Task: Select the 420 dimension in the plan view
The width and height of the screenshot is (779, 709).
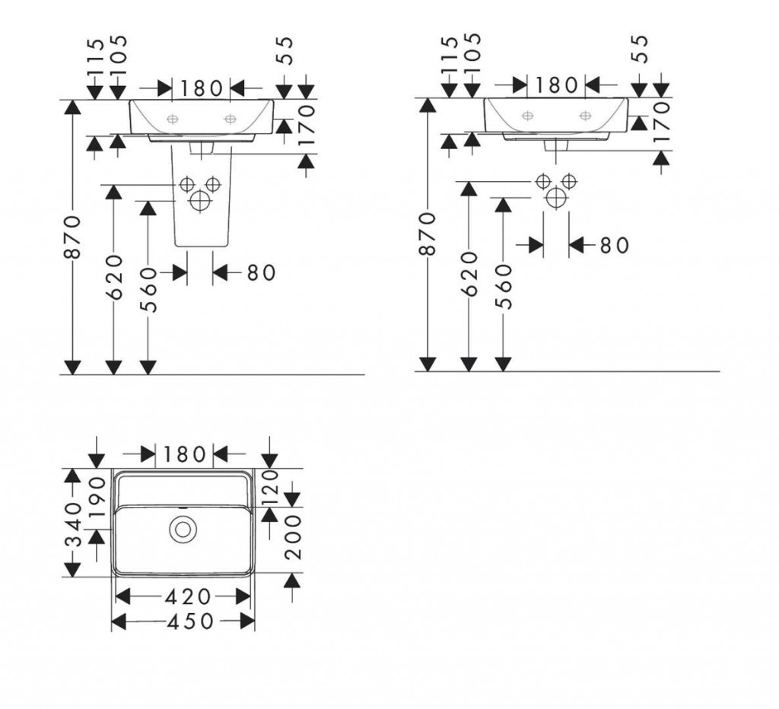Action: (x=188, y=596)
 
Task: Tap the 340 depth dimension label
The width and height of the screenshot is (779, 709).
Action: (x=74, y=524)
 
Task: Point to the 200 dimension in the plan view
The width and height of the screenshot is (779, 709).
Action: (x=294, y=537)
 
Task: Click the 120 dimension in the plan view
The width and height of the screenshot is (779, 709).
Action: (x=271, y=488)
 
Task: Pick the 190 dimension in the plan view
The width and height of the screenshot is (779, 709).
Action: (x=97, y=498)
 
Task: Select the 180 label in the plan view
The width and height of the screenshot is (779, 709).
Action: (x=184, y=454)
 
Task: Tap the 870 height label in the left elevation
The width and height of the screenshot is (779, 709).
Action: (x=73, y=237)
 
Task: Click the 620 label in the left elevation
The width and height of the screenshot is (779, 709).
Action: (x=115, y=277)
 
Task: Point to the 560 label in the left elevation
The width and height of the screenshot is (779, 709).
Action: (x=148, y=290)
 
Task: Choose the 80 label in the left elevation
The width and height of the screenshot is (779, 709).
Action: (x=261, y=272)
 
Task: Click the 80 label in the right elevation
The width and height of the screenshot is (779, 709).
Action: (x=615, y=245)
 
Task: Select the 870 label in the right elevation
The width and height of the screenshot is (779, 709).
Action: (x=428, y=234)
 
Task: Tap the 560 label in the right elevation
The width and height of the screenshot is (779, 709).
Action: (x=504, y=287)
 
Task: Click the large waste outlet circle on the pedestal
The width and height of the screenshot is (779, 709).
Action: (x=200, y=201)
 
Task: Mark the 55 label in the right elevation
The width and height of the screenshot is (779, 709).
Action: (x=641, y=49)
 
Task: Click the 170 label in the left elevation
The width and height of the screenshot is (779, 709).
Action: (x=307, y=125)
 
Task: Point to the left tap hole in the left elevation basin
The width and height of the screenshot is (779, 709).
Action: (x=173, y=119)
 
